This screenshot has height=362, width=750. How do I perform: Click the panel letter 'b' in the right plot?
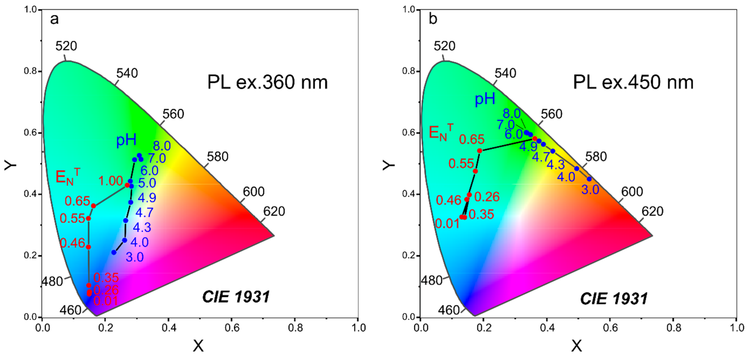click(x=433, y=19)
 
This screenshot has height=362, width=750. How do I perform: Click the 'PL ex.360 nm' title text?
click(x=267, y=82)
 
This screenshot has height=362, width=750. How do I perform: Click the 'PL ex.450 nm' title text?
click(x=633, y=82)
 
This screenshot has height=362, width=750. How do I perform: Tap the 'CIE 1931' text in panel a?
click(x=236, y=297)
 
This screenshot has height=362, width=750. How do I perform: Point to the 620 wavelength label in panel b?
click(x=652, y=211)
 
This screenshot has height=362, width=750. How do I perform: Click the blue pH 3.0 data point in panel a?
click(x=114, y=252)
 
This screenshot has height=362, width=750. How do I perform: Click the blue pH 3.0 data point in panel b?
click(x=589, y=179)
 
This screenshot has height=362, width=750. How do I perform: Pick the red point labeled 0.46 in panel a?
click(x=88, y=247)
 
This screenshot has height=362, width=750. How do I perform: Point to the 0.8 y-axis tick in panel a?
click(x=30, y=71)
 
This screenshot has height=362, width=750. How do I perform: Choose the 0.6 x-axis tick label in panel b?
click(x=610, y=328)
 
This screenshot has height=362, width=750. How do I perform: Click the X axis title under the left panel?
click(x=198, y=346)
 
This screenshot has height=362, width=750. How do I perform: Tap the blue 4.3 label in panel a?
click(x=142, y=227)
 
